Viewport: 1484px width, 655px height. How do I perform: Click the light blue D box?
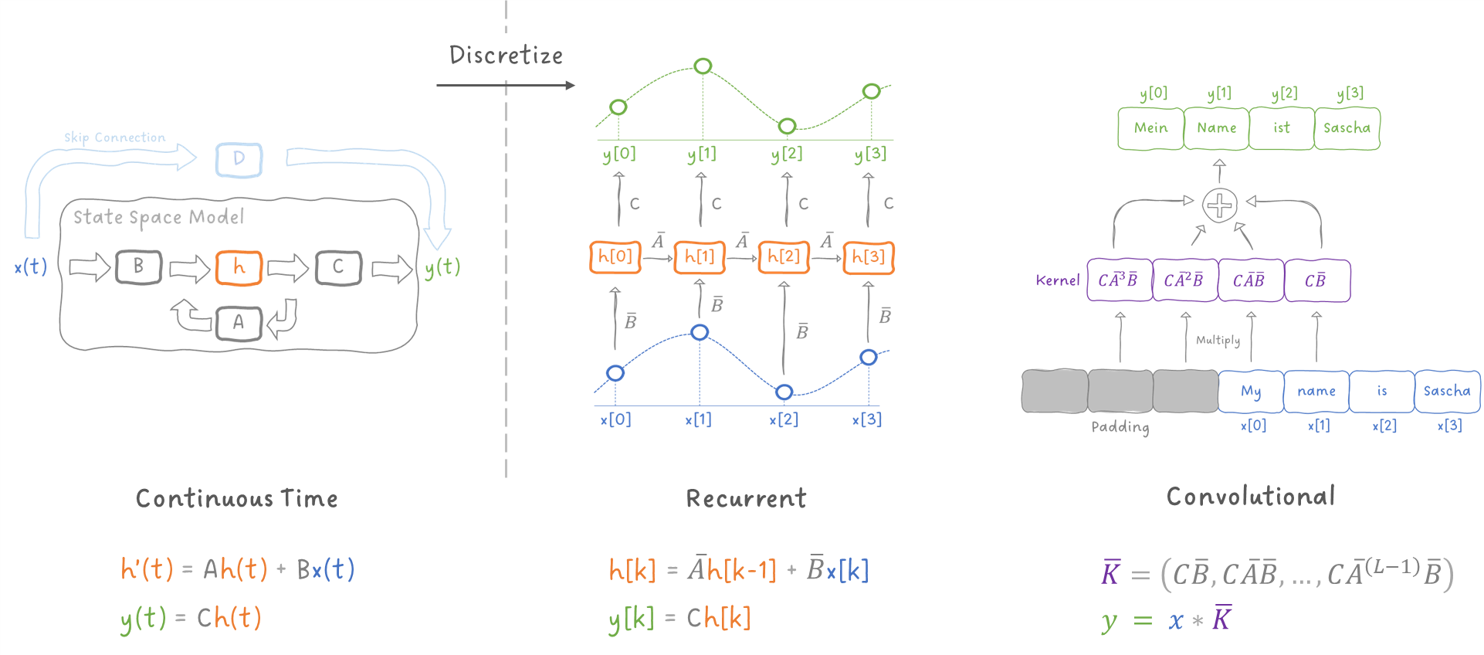pos(239,159)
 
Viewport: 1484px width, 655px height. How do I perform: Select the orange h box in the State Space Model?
pos(239,267)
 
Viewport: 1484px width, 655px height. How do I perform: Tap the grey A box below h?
pos(239,322)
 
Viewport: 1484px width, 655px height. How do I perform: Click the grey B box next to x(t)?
pos(138,266)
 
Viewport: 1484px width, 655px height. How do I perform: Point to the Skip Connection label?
pos(114,137)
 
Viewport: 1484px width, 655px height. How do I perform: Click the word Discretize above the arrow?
pos(506,55)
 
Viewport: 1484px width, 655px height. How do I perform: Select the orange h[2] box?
pos(784,256)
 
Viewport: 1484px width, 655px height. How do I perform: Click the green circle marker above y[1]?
pos(703,66)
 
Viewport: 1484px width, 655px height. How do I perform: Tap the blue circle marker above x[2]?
pos(784,392)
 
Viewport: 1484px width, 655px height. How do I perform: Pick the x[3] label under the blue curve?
pos(867,419)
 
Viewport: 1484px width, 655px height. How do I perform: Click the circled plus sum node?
pos(1220,205)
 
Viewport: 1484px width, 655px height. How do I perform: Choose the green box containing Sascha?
pos(1347,128)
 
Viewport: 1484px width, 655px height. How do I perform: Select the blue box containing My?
pos(1251,392)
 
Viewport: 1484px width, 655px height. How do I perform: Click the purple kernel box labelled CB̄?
pos(1316,280)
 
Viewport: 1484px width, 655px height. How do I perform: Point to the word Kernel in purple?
pos(1057,280)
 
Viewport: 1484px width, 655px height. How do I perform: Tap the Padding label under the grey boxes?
pos(1120,427)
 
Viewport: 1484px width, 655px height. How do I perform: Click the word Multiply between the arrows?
pos(1218,340)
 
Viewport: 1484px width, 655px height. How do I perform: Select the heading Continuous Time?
pos(236,498)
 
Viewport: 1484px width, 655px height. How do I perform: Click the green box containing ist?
pos(1282,128)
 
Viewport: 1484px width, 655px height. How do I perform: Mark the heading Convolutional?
pos(1250,497)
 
